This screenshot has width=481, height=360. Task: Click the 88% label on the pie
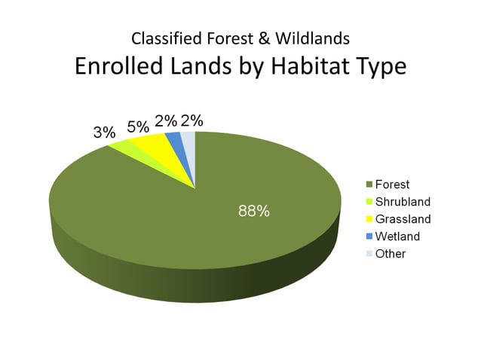pyautogui.click(x=254, y=212)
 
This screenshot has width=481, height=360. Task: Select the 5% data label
pyautogui.click(x=137, y=126)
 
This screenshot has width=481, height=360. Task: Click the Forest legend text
pyautogui.click(x=394, y=185)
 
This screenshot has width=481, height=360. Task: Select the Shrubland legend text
pyautogui.click(x=403, y=202)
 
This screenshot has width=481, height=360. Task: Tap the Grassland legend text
pyautogui.click(x=403, y=219)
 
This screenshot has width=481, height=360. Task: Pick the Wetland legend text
pyautogui.click(x=397, y=236)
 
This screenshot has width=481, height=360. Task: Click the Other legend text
pyautogui.click(x=391, y=254)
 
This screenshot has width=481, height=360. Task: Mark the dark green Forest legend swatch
pyautogui.click(x=369, y=185)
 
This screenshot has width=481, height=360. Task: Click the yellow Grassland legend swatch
pyautogui.click(x=369, y=219)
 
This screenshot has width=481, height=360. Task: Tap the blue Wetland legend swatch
pyautogui.click(x=369, y=236)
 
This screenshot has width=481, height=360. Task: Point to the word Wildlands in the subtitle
pyautogui.click(x=311, y=38)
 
